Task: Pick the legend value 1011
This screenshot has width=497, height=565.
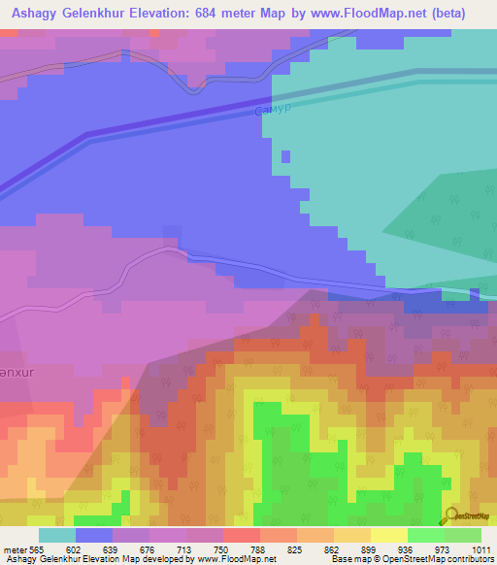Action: [482, 548]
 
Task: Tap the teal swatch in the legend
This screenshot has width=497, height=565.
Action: [56, 535]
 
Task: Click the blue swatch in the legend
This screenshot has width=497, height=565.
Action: [94, 535]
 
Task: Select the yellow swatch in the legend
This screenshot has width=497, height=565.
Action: [388, 535]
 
